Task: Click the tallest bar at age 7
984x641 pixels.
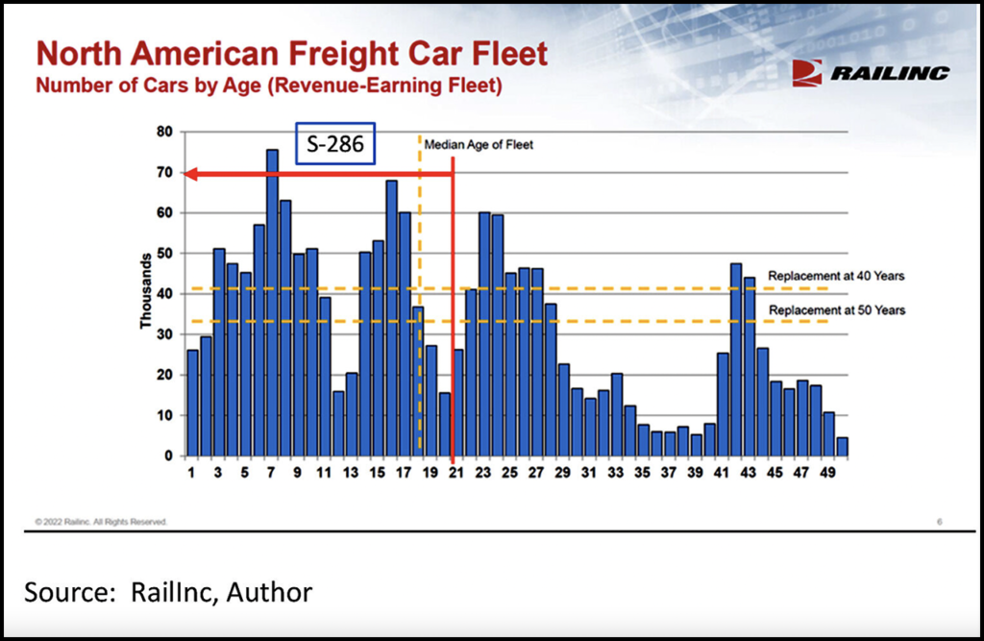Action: coord(272,303)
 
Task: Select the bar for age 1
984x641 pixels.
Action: coord(192,403)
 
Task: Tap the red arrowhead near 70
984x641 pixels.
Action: coord(190,174)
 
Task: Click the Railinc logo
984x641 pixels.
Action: coord(871,73)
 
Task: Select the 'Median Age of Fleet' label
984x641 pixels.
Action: coord(479,145)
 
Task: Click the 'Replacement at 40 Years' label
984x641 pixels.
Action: coord(836,276)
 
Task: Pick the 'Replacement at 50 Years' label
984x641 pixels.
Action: coord(836,309)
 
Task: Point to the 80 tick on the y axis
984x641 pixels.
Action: coord(164,132)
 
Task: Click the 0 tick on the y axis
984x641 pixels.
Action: coord(168,456)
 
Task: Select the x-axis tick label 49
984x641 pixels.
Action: coord(828,473)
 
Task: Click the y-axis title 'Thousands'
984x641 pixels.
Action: coord(146,291)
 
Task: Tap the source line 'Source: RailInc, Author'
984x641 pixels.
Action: coord(168,592)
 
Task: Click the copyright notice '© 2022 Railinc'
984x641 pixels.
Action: coord(101,521)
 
